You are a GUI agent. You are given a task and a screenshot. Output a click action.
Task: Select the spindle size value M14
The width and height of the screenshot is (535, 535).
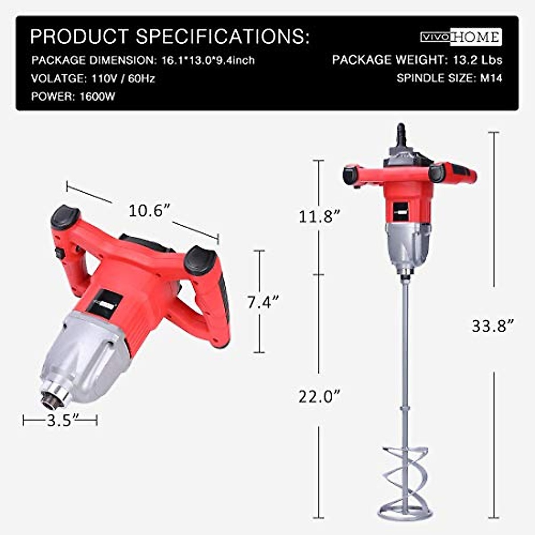pos(491,78)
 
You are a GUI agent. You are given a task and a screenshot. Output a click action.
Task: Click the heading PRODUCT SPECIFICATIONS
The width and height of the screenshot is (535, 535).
pos(169,37)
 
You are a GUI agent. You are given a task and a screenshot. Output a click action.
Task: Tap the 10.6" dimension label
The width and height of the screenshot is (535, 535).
pos(150,210)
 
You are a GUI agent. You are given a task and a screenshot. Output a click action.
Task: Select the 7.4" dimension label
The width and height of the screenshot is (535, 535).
pos(263,302)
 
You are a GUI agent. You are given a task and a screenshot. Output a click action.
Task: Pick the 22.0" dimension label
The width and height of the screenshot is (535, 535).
pos(319,396)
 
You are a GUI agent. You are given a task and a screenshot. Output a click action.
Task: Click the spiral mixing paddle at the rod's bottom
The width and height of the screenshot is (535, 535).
pos(405,477)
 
